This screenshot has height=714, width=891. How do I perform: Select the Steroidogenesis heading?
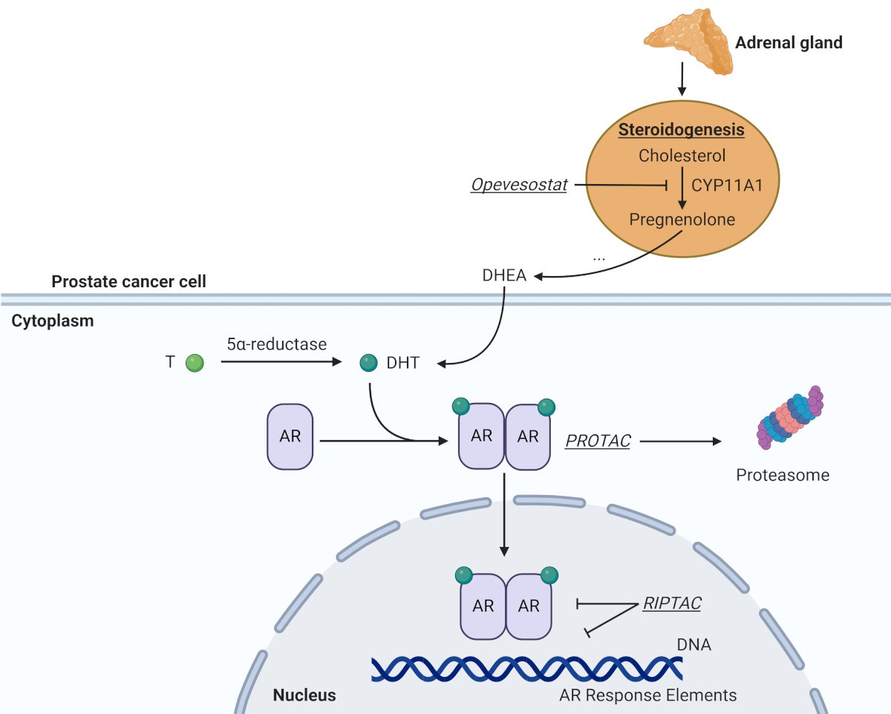point(682,130)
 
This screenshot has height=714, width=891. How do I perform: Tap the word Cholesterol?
point(682,156)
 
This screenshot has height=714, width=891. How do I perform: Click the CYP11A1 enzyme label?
point(727,185)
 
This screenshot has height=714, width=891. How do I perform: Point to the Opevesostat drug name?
point(519,185)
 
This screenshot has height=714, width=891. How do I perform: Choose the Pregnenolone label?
point(682,220)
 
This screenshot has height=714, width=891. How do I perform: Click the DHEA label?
point(504,275)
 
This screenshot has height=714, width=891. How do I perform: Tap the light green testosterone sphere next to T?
point(195,363)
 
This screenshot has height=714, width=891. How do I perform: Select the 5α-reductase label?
point(276,344)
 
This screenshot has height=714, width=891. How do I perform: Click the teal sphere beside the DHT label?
point(368,363)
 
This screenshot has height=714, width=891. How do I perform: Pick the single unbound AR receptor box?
point(290,436)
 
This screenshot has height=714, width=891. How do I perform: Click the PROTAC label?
point(598,441)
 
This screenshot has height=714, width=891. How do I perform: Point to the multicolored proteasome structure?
point(789,417)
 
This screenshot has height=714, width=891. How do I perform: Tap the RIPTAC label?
point(672,603)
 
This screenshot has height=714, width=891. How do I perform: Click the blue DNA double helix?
point(526,669)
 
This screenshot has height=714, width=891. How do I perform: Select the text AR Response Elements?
point(648,695)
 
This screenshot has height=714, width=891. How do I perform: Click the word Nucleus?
point(304,695)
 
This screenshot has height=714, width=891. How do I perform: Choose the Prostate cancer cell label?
point(128,281)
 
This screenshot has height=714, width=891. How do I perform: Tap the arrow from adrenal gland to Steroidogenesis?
point(682,79)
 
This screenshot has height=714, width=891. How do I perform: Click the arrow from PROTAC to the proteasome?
point(681,441)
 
